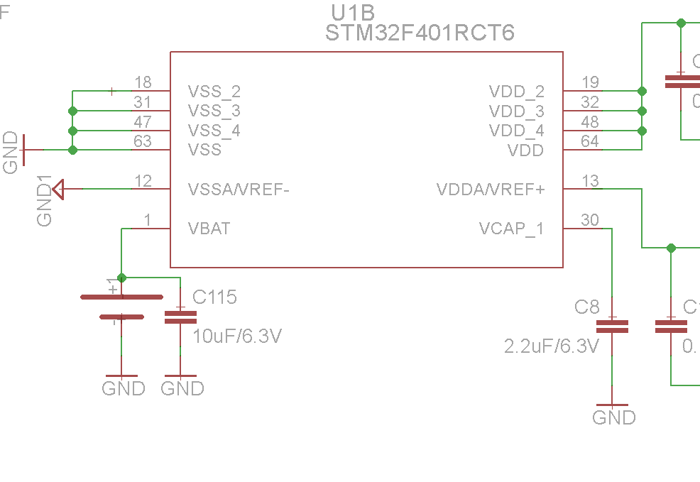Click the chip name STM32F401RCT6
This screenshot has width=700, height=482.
click(420, 33)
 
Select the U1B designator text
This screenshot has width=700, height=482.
click(353, 12)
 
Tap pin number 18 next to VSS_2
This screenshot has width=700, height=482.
click(143, 83)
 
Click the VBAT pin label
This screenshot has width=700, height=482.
click(209, 229)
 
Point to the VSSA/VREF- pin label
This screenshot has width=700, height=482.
click(239, 190)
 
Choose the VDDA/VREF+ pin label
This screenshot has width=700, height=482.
click(491, 190)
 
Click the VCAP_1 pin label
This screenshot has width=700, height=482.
click(511, 229)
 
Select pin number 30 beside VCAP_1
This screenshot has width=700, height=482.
click(590, 220)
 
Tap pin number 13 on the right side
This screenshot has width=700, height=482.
click(590, 181)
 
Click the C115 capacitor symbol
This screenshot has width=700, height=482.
click(180, 317)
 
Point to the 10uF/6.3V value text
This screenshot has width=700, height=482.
click(237, 336)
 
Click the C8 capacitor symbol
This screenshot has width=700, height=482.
click(612, 327)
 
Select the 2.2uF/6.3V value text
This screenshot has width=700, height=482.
click(552, 346)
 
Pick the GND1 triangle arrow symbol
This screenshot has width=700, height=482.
click(59, 189)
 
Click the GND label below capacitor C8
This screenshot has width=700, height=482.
click(614, 417)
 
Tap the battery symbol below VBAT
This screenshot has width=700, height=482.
click(121, 307)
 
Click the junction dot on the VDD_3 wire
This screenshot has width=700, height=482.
click(642, 111)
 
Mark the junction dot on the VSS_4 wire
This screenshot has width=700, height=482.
click(72, 131)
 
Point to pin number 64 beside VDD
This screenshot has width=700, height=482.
click(590, 141)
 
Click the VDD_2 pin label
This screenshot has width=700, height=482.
click(516, 92)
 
